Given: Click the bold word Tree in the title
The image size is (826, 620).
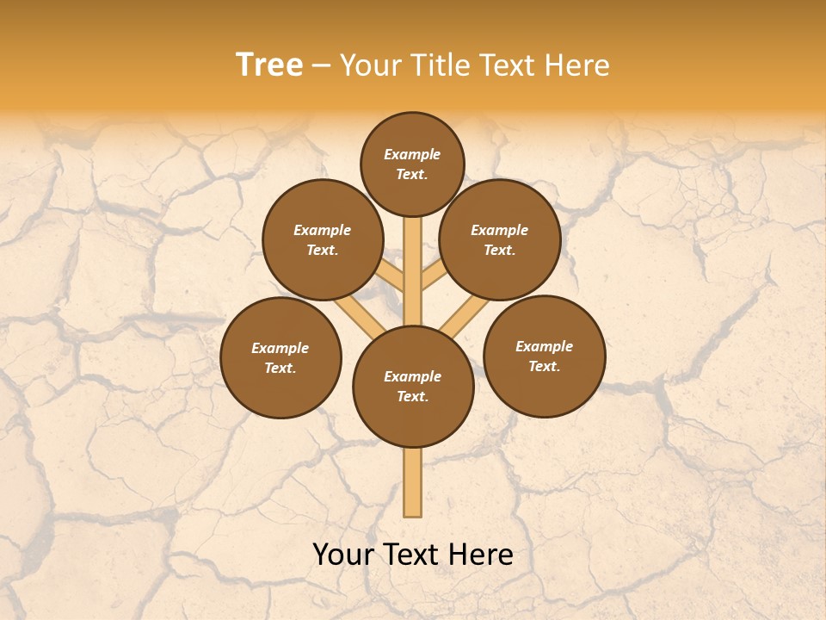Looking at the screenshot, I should point(269,65).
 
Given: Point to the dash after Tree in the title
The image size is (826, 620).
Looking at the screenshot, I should point(321,66).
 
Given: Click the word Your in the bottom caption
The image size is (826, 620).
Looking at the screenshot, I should point(344,555).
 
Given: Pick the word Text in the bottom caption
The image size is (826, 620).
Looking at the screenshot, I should point(410,555).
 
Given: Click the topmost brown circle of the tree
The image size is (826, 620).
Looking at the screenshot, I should point(412,164).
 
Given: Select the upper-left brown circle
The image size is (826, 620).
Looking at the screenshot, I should point(322,239).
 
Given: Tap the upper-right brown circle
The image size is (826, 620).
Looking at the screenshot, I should point(499,239).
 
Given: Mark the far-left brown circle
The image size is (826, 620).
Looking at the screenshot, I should point(280,357).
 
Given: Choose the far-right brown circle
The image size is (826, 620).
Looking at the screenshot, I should point(544,356).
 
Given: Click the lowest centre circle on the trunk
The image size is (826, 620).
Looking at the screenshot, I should point(413,387).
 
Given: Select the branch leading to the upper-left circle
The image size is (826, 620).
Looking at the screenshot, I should point(389,277).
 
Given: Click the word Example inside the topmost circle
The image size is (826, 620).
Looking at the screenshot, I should point(412,154).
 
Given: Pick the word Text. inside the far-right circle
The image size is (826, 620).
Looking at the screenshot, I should point(544,366).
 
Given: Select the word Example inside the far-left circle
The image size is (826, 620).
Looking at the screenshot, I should point(280,348).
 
